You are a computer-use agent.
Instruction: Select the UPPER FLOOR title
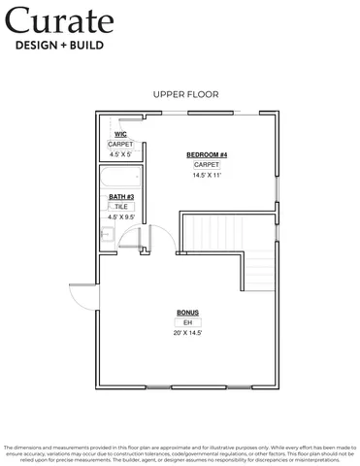click(x=185, y=94)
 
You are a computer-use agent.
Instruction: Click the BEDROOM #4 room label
click(x=207, y=155)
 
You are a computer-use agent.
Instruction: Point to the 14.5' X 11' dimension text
click(x=207, y=176)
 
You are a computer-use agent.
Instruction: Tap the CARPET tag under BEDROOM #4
click(x=207, y=165)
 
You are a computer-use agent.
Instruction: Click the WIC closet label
click(x=120, y=134)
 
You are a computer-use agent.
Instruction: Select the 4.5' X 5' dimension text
click(x=120, y=154)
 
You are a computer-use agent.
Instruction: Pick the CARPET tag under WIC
click(x=120, y=144)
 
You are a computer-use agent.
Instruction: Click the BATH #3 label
click(x=120, y=197)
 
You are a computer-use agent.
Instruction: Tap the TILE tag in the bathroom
click(x=120, y=207)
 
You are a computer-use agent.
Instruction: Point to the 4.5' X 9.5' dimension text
click(x=120, y=217)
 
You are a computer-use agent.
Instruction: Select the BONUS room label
click(x=187, y=313)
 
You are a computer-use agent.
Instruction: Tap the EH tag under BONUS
click(x=187, y=322)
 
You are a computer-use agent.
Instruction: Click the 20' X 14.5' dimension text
click(x=187, y=333)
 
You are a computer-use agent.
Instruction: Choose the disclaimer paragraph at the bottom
click(x=180, y=450)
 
